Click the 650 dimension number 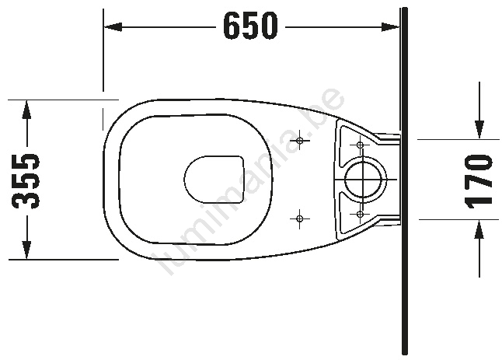(250, 26)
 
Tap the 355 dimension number (26, 180)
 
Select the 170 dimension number (479, 180)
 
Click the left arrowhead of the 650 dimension (113, 27)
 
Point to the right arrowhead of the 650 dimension (390, 27)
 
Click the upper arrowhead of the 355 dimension (27, 110)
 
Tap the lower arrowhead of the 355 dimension (27, 250)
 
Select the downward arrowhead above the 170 (479, 130)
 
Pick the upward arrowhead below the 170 (479, 229)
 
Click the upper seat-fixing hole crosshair (300, 140)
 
